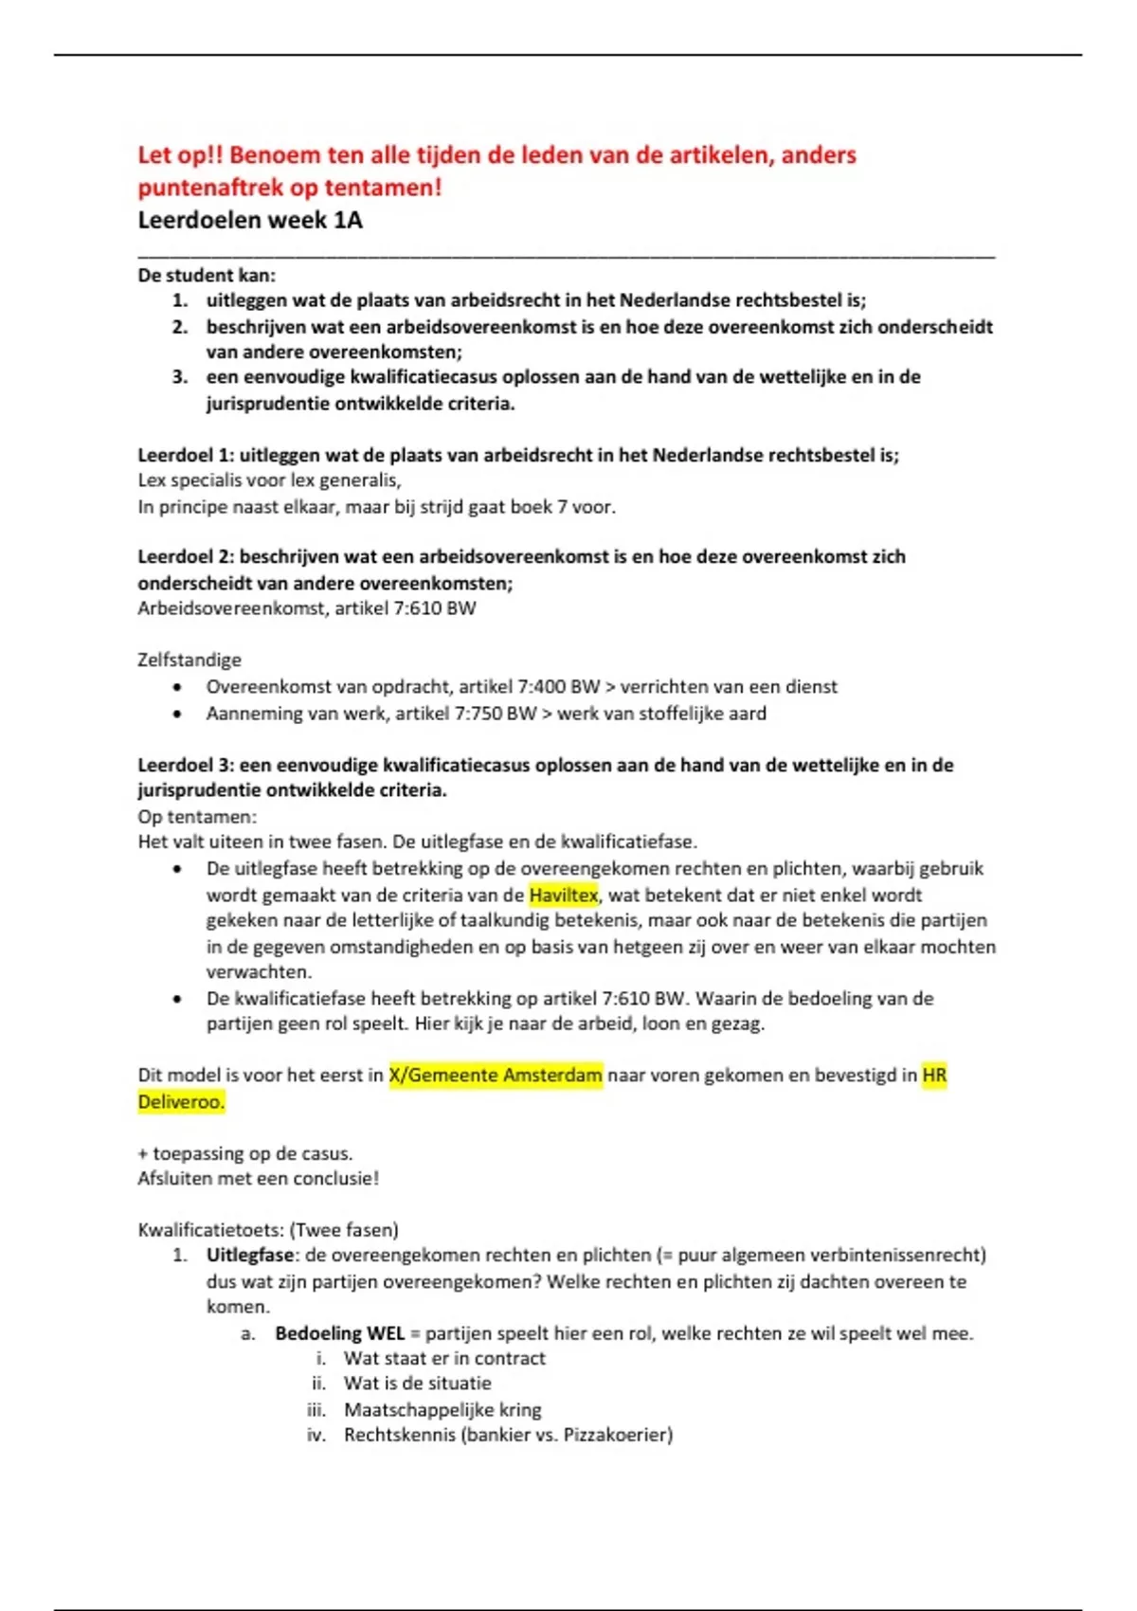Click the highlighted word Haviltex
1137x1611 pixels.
click(564, 895)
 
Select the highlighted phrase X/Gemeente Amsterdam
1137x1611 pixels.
click(496, 1075)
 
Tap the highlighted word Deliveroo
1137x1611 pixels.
click(180, 1101)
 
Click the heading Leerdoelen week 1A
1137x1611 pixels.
click(250, 220)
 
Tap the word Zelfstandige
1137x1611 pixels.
click(189, 660)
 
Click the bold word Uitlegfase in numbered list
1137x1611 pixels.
click(250, 1255)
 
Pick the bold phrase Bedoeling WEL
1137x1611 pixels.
click(339, 1333)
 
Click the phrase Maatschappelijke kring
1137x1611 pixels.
click(442, 1409)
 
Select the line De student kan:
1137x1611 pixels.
click(207, 276)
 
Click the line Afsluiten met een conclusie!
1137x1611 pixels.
click(258, 1178)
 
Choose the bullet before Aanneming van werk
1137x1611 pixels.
click(177, 714)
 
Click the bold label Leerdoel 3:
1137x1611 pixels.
click(185, 765)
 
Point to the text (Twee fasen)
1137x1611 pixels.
click(344, 1230)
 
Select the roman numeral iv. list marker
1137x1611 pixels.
click(316, 1435)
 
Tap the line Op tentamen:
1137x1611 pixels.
click(197, 816)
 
